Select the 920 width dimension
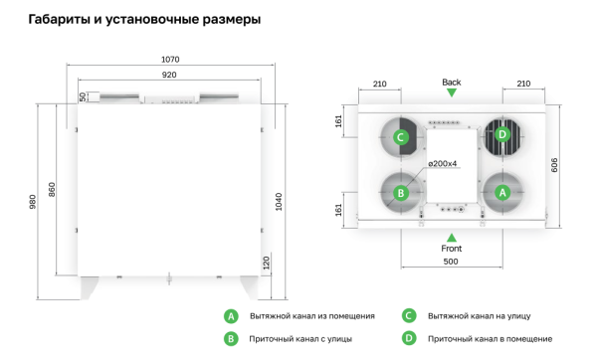point(169,75)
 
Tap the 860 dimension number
point(53,189)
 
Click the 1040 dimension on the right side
point(278,201)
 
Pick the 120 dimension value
point(266,263)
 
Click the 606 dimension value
point(555,164)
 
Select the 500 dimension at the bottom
point(452,260)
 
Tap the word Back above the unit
point(452,82)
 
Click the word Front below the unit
point(452,248)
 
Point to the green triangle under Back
point(452,92)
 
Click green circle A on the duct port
point(501,191)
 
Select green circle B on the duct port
point(401,192)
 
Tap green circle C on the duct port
point(401,136)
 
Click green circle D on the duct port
point(501,134)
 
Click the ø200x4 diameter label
point(443,163)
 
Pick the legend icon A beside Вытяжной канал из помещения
point(231,315)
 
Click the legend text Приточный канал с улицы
point(296,339)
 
